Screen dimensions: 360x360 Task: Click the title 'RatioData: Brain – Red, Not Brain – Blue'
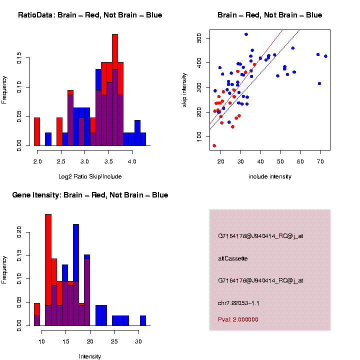[x=90, y=15]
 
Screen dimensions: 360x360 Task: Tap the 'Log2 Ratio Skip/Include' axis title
[x=90, y=176]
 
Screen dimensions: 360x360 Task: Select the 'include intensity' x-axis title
[x=270, y=176]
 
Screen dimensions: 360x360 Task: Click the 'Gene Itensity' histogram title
[x=90, y=195]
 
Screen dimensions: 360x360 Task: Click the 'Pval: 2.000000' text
[x=238, y=319]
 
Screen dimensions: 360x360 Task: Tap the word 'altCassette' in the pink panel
[x=233, y=258]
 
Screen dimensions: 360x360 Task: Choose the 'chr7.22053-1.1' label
[x=238, y=303]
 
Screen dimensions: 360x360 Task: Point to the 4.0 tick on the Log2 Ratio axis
[x=132, y=162]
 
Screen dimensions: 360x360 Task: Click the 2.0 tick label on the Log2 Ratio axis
[x=37, y=162]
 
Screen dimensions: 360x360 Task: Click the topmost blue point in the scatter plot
[x=246, y=34]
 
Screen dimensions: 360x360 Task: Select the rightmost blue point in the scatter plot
[x=325, y=56]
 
